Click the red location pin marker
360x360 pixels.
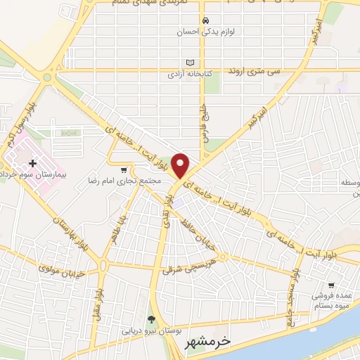[181, 165]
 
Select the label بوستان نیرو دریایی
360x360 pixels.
[151, 330]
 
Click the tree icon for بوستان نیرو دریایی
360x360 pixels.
[151, 319]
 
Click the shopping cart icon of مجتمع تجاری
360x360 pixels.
[124, 169]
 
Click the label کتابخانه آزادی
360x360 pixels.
[190, 73]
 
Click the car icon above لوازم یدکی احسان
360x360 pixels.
[205, 20]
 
